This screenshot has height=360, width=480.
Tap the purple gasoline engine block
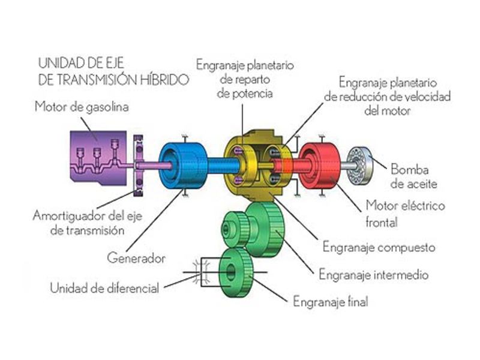[x=95, y=154]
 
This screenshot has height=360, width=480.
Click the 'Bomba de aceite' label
[x=414, y=175]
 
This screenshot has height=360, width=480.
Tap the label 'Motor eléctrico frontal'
[x=405, y=214]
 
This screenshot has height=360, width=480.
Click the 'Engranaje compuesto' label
[x=379, y=247]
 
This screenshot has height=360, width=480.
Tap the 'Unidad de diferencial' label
[x=105, y=287]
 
